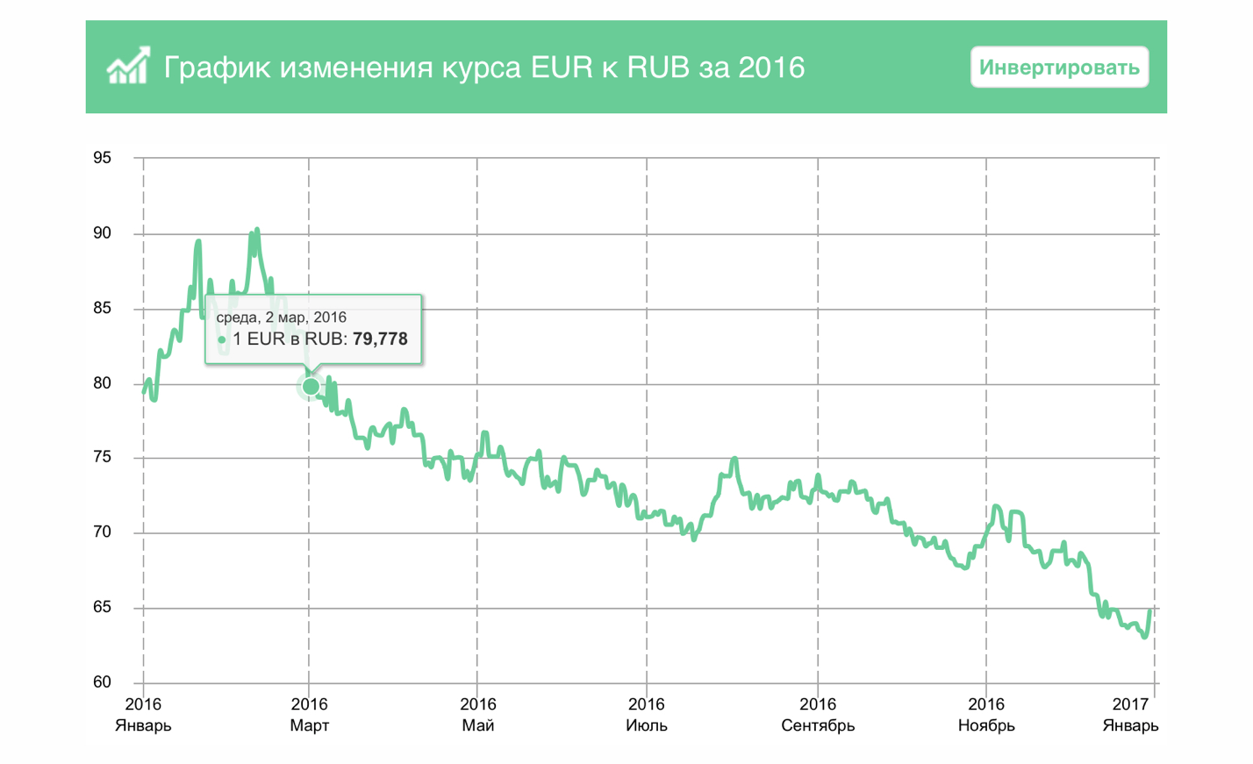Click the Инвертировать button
pyautogui.click(x=1059, y=68)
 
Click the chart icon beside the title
pyautogui.click(x=128, y=66)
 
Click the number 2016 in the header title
pyautogui.click(x=771, y=68)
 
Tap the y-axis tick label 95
pyautogui.click(x=102, y=158)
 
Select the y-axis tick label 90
pyautogui.click(x=102, y=233)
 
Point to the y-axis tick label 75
pyautogui.click(x=102, y=457)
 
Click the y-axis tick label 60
pyautogui.click(x=102, y=682)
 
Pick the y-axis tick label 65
pyautogui.click(x=102, y=607)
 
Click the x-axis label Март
pyautogui.click(x=309, y=725)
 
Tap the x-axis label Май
pyautogui.click(x=477, y=725)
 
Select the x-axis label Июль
pyautogui.click(x=647, y=725)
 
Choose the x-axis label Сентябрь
pyautogui.click(x=818, y=725)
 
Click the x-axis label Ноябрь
pyautogui.click(x=986, y=725)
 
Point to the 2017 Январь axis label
pyautogui.click(x=1130, y=715)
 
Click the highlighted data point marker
pyautogui.click(x=311, y=386)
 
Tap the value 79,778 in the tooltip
pyautogui.click(x=380, y=339)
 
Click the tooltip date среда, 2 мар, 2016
pyautogui.click(x=281, y=318)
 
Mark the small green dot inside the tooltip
pyautogui.click(x=222, y=339)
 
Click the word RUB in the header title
pyautogui.click(x=658, y=68)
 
